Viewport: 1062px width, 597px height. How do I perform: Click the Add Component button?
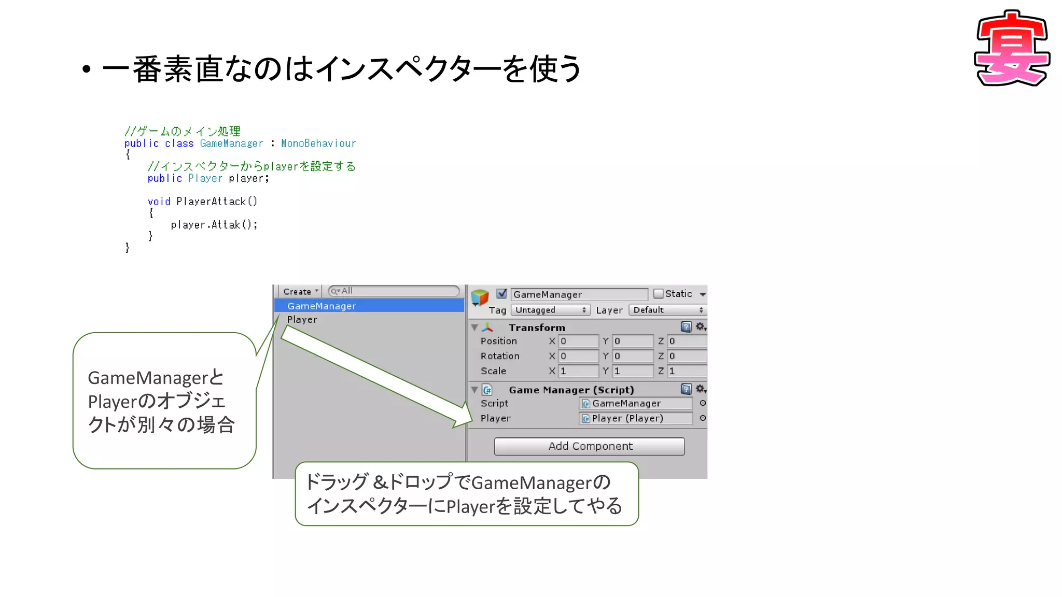pos(589,446)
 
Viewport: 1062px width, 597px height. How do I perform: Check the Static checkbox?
pos(658,294)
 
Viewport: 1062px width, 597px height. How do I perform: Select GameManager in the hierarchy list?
pos(322,306)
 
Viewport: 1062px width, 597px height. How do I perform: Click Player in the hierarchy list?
pos(302,320)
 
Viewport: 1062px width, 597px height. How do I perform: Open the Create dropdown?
pos(300,292)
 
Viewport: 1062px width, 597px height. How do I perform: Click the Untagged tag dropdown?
pos(550,310)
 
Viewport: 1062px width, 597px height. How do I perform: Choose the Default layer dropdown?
pos(667,310)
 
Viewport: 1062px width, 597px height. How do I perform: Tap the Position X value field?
pos(578,341)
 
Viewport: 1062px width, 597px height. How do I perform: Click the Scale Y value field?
pos(633,371)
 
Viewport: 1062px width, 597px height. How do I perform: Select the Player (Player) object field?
pos(636,418)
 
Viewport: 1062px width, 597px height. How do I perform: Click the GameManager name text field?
pos(579,294)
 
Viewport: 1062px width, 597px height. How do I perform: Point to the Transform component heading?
pos(537,328)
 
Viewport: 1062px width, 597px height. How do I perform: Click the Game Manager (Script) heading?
pos(571,390)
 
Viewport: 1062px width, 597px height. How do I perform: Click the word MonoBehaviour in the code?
pos(318,144)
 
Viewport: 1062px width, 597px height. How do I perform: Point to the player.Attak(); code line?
pos(214,225)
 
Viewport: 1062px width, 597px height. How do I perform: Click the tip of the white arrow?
pos(471,421)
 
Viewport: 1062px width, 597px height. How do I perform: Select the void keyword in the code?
pos(159,202)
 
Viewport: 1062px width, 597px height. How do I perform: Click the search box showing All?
pos(394,291)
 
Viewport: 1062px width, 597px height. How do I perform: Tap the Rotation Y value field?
pos(633,356)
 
